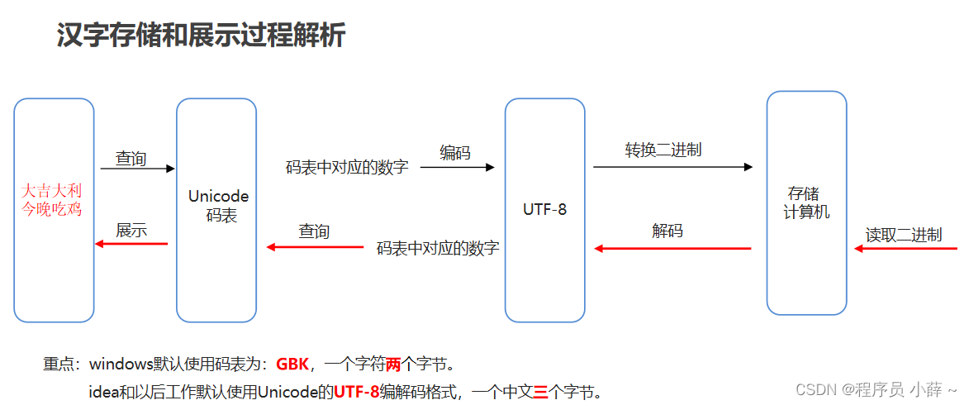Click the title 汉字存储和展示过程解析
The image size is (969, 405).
(x=201, y=36)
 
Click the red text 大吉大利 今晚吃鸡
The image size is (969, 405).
(x=52, y=199)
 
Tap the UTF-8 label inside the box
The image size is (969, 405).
(x=545, y=209)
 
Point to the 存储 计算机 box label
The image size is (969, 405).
(x=805, y=202)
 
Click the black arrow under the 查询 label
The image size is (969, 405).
(x=137, y=169)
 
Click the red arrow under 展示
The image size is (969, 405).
(x=131, y=244)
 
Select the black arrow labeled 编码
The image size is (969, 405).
(x=457, y=167)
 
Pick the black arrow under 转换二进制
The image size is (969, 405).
(x=672, y=167)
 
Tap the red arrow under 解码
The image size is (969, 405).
(x=672, y=248)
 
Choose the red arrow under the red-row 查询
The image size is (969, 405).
(x=315, y=246)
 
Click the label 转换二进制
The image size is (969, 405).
(x=663, y=150)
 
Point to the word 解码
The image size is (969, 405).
(x=667, y=231)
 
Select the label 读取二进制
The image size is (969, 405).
(x=904, y=235)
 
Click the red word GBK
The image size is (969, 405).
(x=292, y=364)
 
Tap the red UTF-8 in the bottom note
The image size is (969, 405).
(x=357, y=392)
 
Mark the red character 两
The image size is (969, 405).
(x=392, y=364)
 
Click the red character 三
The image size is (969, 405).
(x=540, y=392)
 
